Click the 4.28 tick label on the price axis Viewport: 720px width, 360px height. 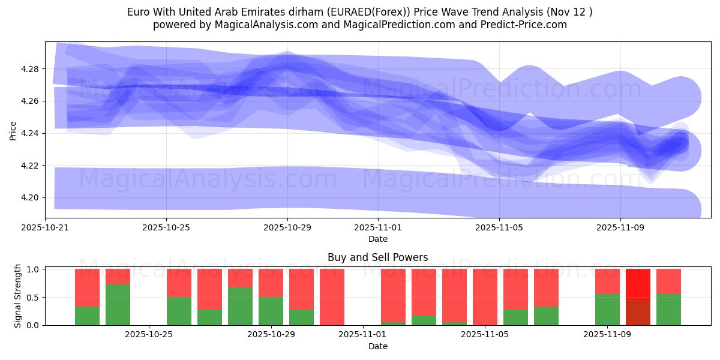pos(30,69)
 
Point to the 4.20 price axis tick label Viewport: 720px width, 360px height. pos(30,197)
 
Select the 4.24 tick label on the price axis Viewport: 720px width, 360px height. pos(30,133)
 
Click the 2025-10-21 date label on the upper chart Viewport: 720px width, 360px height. pos(45,228)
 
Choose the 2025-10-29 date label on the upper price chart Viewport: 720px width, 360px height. pos(287,228)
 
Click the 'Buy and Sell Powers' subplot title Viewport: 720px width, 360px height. pos(378,257)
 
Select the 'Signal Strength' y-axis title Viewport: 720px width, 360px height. pos(18,296)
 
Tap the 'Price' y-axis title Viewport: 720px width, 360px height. pos(13,131)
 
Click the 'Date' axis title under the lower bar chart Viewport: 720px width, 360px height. pos(378,346)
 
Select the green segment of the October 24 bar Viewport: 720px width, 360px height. pos(118,305)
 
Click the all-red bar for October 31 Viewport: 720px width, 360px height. pos(332,297)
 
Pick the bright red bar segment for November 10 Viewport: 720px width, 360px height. pos(638,283)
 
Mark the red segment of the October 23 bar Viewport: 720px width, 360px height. pos(87,287)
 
